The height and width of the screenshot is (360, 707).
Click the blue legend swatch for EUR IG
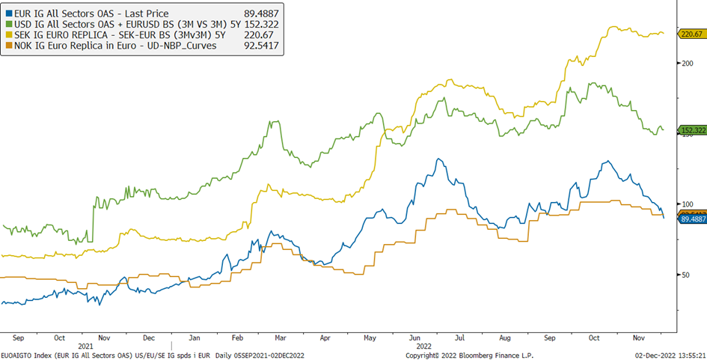click(x=8, y=13)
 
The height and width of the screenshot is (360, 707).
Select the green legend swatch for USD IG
click(x=8, y=24)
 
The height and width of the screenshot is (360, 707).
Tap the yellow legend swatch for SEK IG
click(x=8, y=34)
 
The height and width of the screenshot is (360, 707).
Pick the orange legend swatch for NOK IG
click(x=8, y=45)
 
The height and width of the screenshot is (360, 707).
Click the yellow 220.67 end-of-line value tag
click(x=691, y=34)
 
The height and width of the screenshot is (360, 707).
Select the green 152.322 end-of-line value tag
click(x=693, y=130)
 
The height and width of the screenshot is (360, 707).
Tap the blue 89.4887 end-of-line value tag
click(x=693, y=219)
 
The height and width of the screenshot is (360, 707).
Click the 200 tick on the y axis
click(x=687, y=63)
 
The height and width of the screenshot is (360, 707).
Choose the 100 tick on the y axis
click(x=687, y=204)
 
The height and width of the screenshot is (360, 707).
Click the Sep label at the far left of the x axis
click(x=19, y=338)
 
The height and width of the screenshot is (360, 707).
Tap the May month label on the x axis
click(x=370, y=338)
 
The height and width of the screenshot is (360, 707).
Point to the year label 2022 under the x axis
click(x=423, y=347)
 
